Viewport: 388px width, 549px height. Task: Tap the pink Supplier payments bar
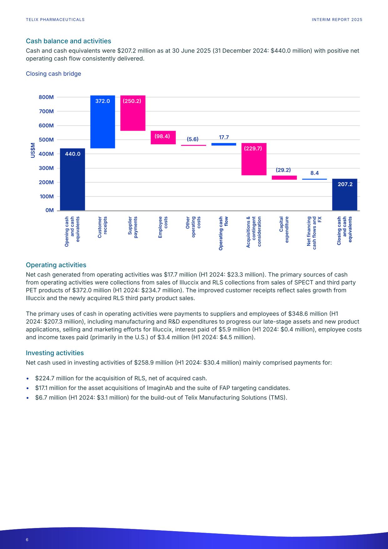tap(133, 113)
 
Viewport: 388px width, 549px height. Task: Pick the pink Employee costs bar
tap(163, 137)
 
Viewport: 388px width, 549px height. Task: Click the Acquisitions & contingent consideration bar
tap(254, 159)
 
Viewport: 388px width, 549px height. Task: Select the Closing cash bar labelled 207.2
tap(345, 194)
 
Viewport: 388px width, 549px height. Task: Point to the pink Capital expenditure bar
tap(284, 178)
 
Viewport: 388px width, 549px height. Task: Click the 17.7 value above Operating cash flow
tap(224, 137)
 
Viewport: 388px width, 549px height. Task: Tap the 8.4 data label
tap(314, 173)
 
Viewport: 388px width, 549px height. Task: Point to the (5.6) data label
tap(193, 139)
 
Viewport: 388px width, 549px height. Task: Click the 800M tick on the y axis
tap(46, 97)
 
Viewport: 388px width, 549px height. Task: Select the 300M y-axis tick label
tap(46, 168)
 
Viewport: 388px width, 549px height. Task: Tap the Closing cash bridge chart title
tap(54, 74)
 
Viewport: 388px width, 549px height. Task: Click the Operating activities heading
tap(56, 265)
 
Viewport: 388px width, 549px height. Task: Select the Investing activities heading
tap(55, 353)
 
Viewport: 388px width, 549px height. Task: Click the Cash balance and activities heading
tap(68, 41)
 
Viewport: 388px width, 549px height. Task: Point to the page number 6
tap(27, 540)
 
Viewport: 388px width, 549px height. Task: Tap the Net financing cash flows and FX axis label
tap(314, 232)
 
